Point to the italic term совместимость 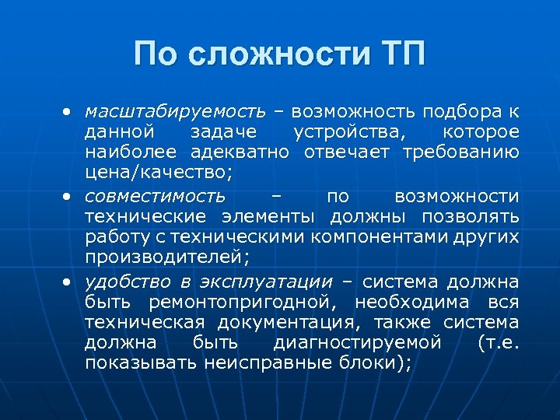point(155,195)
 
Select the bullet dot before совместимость point(68,196)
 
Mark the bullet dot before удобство point(68,282)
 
